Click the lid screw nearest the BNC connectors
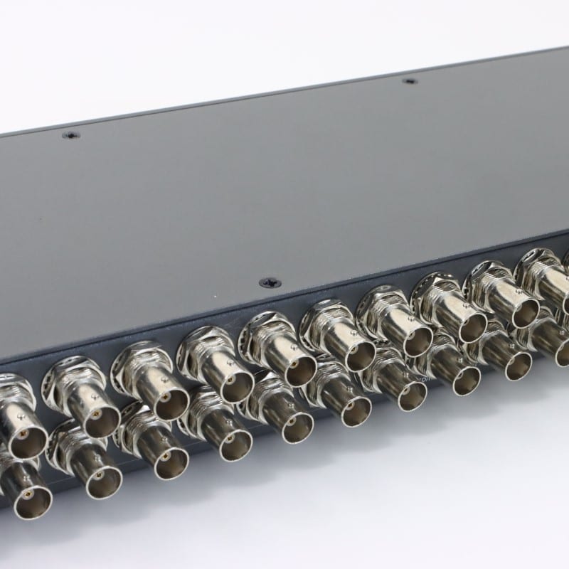coord(270,282)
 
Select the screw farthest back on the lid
coord(409,81)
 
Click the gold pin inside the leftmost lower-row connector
coord(28,491)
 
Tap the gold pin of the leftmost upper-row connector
coord(22,433)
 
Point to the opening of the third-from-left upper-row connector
coord(164,403)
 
